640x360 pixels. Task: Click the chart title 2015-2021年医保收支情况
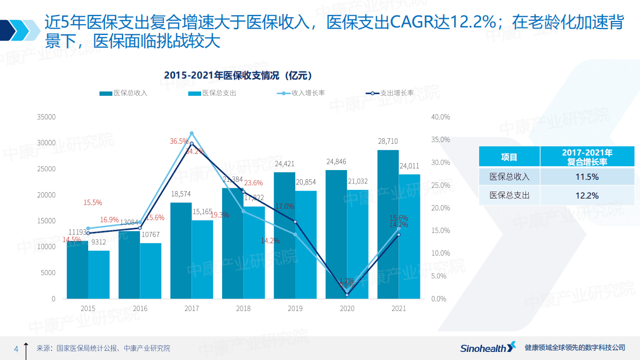[x=238, y=75]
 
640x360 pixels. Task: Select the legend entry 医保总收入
[x=123, y=93]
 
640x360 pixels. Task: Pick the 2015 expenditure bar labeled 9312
[x=99, y=274]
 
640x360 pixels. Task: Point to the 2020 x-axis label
[x=347, y=309]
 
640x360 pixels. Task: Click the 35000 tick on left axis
[x=46, y=117]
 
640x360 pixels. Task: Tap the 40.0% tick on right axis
[x=440, y=117]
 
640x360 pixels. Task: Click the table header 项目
[x=509, y=157]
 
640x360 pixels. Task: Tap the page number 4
[x=16, y=349]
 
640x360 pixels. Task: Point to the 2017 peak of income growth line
[x=191, y=133]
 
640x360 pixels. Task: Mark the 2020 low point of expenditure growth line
[x=347, y=295]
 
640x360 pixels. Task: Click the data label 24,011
[x=409, y=166]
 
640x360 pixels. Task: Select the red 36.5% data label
[x=179, y=142]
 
